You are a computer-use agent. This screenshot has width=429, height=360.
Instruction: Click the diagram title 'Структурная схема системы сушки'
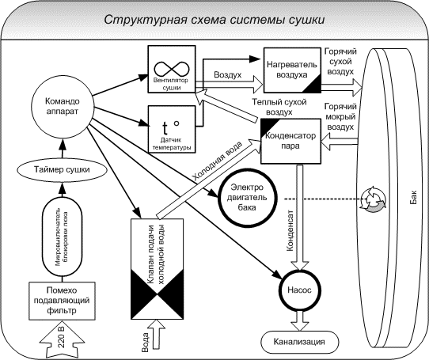[x=214, y=18]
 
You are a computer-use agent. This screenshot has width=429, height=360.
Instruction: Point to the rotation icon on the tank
[x=371, y=199]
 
